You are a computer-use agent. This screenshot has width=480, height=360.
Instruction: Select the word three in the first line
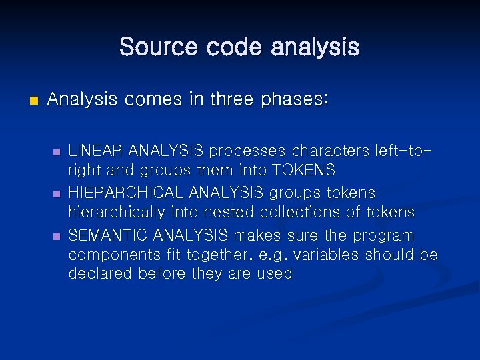(234, 99)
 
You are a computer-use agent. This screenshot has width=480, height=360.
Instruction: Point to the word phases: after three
(294, 99)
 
